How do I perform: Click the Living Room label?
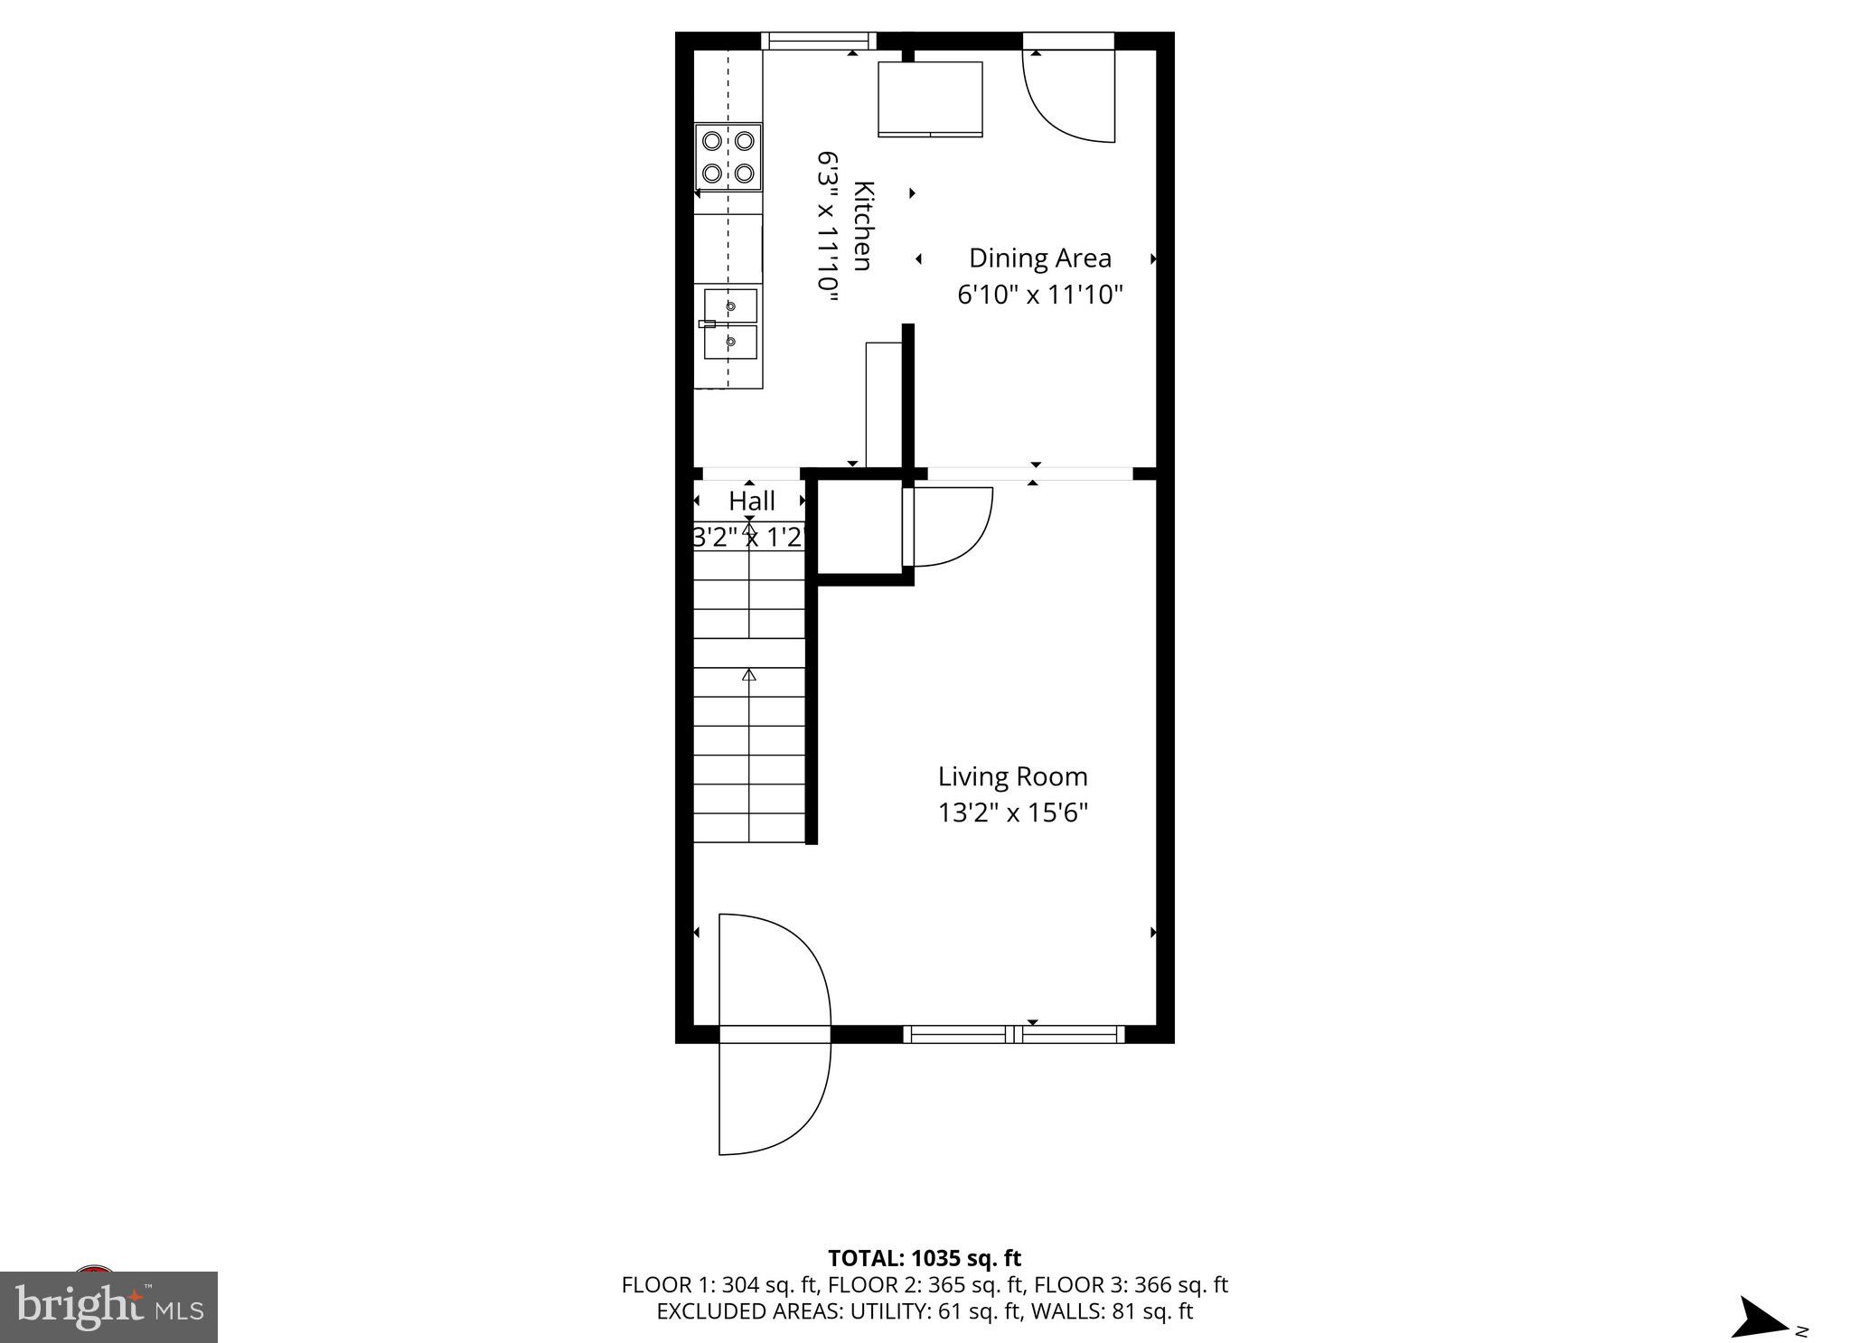1012,776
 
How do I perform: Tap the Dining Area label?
1039,258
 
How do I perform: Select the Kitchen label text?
864,226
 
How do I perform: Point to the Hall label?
752,501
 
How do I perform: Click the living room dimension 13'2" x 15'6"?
1012,813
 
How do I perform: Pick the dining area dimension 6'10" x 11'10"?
1039,295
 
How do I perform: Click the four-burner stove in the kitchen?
728,156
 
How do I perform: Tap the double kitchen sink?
730,324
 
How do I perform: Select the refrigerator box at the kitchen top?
930,98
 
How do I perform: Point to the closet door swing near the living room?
949,526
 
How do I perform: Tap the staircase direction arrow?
748,674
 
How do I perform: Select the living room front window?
1014,1034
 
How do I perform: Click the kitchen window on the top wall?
819,41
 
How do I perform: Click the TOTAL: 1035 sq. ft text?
924,1258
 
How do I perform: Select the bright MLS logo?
109,1307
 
